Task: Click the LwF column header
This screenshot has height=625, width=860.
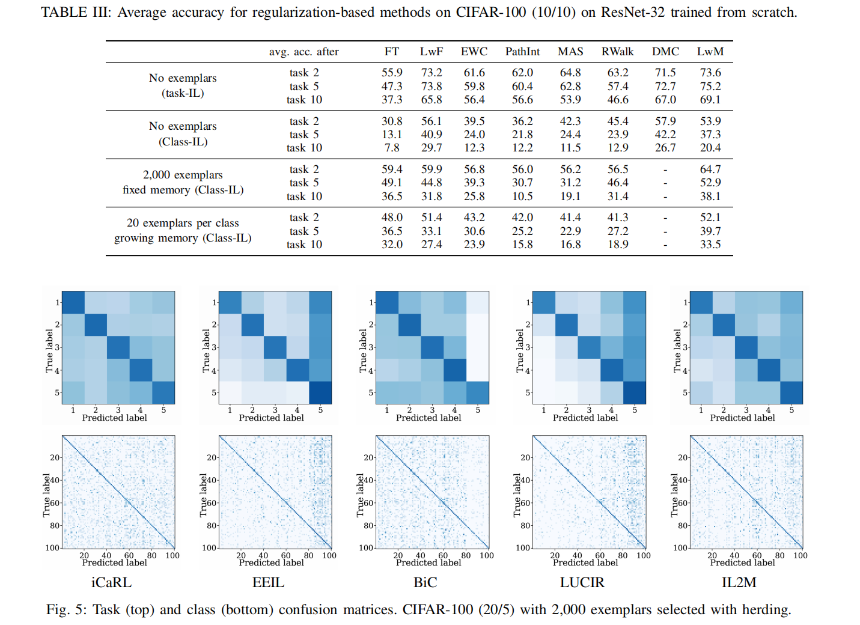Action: tap(431, 52)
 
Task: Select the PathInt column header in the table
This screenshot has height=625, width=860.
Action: tap(522, 52)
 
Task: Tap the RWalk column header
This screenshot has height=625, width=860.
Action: tap(617, 52)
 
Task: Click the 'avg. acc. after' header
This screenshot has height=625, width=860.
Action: tap(303, 52)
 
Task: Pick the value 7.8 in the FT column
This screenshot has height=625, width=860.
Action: tap(392, 148)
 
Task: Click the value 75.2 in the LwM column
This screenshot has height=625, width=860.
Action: tap(710, 86)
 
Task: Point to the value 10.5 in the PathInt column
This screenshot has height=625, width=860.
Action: tap(522, 197)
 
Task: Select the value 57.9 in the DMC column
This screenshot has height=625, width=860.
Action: tap(665, 121)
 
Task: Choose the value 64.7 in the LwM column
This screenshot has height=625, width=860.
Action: tap(710, 169)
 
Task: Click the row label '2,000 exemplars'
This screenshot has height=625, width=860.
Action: tap(183, 175)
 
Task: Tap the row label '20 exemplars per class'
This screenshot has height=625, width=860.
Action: tap(183, 223)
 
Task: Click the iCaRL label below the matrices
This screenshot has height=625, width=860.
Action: tap(111, 582)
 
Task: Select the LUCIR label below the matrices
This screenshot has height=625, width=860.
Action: tap(582, 582)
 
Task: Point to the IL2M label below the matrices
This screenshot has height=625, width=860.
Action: tap(739, 582)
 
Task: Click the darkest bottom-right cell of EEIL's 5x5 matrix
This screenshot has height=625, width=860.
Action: tap(320, 392)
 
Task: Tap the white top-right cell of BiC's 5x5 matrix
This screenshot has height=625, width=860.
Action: tap(478, 302)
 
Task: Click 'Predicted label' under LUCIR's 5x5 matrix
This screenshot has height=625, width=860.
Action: tap(585, 418)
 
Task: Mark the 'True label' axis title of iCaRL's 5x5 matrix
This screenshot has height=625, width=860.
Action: tap(49, 350)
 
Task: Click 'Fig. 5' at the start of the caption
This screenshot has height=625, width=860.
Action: tap(66, 609)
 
